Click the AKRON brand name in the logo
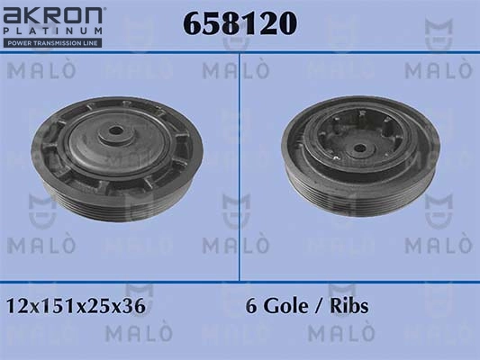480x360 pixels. [x=52, y=15]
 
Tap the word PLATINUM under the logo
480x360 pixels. [x=53, y=31]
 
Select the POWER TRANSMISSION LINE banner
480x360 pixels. [x=52, y=43]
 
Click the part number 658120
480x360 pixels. [x=240, y=23]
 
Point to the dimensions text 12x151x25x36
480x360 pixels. [x=76, y=306]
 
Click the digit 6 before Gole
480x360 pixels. [x=251, y=306]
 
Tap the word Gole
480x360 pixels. [x=285, y=306]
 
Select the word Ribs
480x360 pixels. [x=349, y=306]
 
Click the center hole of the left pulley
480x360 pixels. [x=115, y=130]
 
